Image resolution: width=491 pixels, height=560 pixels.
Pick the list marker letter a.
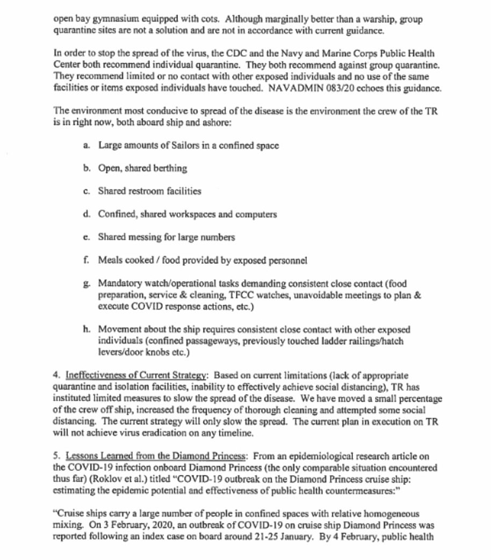tap(86, 146)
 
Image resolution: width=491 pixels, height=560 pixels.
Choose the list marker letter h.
tap(86, 329)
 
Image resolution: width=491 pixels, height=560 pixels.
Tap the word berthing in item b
tap(168, 168)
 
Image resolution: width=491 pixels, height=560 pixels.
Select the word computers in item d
tap(256, 214)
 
